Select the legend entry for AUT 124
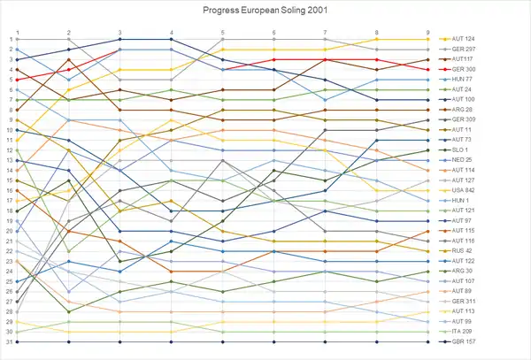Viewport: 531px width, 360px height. (x=465, y=39)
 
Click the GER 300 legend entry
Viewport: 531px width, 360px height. (x=465, y=69)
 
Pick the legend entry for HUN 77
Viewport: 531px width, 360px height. (x=464, y=79)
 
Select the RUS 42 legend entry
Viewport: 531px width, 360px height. (x=464, y=251)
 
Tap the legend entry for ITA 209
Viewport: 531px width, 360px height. (x=464, y=332)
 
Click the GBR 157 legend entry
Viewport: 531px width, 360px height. (x=465, y=341)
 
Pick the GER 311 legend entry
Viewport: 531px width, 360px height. (x=465, y=302)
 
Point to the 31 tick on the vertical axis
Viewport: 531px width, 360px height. (x=8, y=341)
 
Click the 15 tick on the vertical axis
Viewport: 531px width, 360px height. (x=8, y=180)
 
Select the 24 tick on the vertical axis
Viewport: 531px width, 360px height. (x=8, y=271)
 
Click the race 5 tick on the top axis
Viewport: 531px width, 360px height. (x=223, y=31)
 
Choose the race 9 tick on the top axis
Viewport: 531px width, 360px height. (x=429, y=31)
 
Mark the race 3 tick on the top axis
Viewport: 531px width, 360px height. (x=120, y=31)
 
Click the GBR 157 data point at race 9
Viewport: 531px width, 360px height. (x=429, y=341)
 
